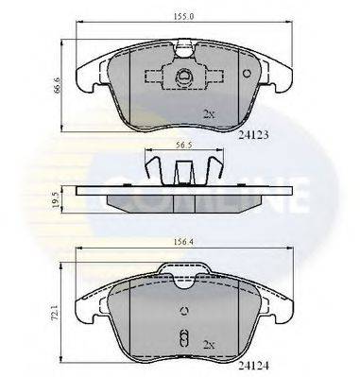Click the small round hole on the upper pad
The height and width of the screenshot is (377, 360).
(x=247, y=75)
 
